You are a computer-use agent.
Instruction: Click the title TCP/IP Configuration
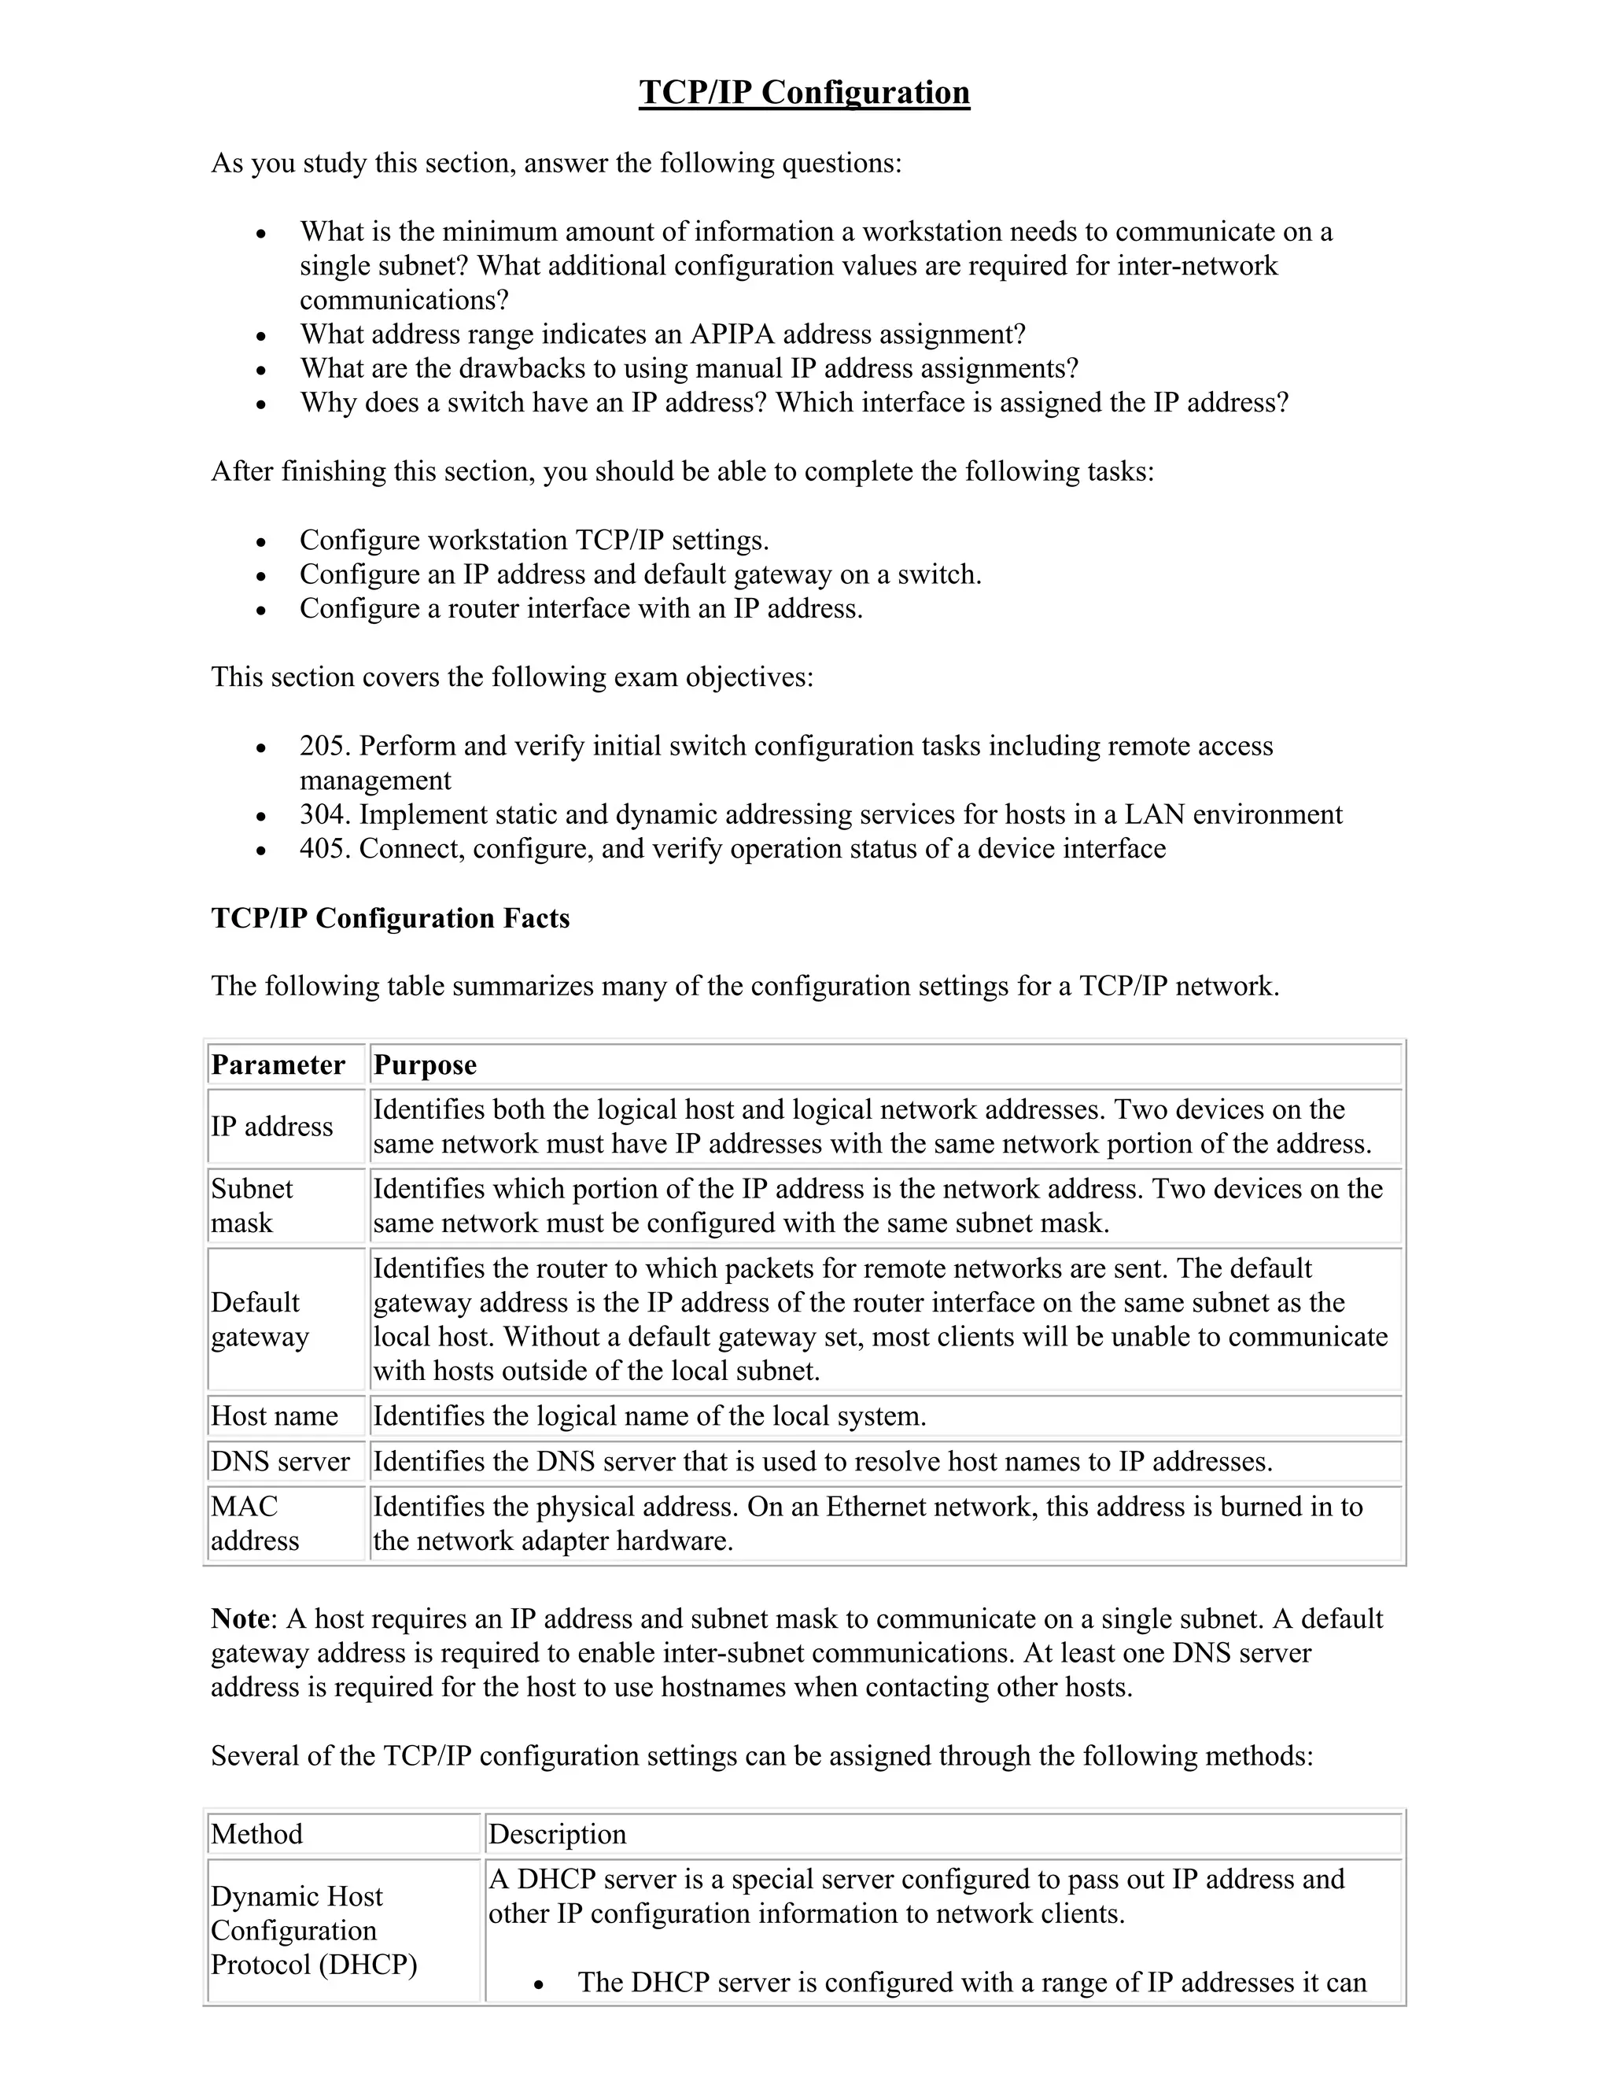804,93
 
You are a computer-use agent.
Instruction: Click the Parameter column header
278,1065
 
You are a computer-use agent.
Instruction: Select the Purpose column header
425,1065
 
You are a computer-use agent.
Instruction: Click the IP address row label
272,1127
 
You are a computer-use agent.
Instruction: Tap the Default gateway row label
260,1319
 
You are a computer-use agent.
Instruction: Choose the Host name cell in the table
275,1415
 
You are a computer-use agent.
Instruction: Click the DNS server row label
281,1462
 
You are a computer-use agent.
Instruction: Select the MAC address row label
255,1524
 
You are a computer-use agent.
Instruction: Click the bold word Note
240,1619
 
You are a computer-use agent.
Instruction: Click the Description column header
558,1834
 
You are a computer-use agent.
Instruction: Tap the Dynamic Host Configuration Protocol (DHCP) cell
314,1930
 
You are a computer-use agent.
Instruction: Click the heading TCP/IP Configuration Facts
390,918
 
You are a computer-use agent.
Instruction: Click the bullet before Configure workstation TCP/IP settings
261,542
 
